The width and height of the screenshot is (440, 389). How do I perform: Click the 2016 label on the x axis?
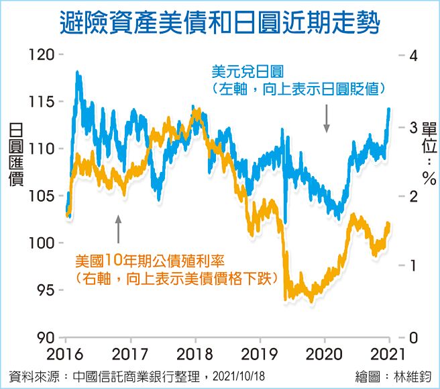coord(66,354)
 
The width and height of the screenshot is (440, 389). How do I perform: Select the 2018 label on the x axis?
coord(195,354)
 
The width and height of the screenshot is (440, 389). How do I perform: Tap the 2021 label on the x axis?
coord(389,354)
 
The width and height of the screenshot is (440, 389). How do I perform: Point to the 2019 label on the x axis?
coord(260,354)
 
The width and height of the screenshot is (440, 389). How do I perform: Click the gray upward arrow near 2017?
coord(119,229)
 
